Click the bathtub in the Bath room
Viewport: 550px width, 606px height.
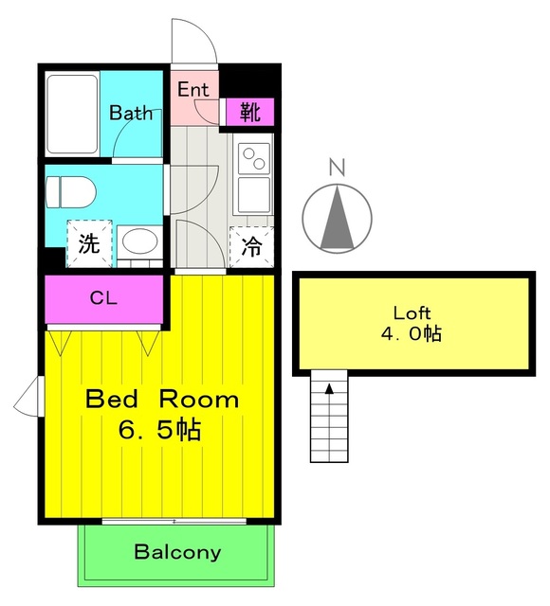pyautogui.click(x=72, y=114)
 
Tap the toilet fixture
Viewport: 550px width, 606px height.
pyautogui.click(x=70, y=192)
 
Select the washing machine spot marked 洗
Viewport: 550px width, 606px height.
pyautogui.click(x=89, y=243)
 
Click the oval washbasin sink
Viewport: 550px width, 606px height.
pyautogui.click(x=139, y=241)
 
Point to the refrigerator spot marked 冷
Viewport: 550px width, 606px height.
pyautogui.click(x=251, y=246)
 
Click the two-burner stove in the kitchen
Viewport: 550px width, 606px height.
pyautogui.click(x=254, y=158)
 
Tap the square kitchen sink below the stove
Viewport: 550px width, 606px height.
pyautogui.click(x=254, y=195)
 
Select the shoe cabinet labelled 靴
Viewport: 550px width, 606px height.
pyautogui.click(x=250, y=112)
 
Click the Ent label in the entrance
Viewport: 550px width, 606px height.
pyautogui.click(x=193, y=90)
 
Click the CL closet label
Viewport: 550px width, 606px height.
pyautogui.click(x=103, y=297)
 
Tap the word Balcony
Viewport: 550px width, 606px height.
pyautogui.click(x=177, y=552)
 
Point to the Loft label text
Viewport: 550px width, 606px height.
pyautogui.click(x=412, y=312)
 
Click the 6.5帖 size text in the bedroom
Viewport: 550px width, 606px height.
pyautogui.click(x=159, y=430)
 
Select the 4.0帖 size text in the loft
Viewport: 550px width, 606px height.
pyautogui.click(x=412, y=333)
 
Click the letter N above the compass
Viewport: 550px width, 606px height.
pyautogui.click(x=337, y=167)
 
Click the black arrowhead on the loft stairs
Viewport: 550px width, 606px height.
pyautogui.click(x=329, y=388)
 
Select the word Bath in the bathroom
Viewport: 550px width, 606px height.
pyautogui.click(x=131, y=113)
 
